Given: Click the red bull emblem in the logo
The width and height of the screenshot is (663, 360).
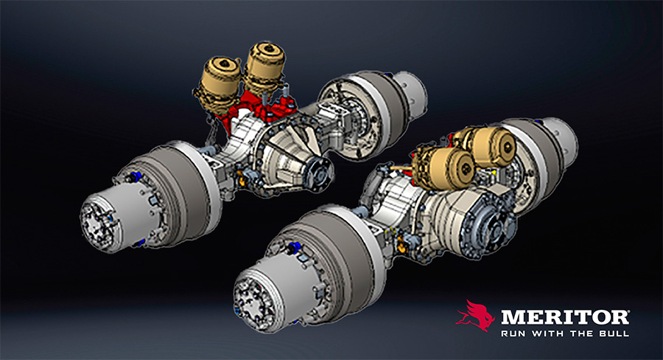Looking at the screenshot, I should (474, 315).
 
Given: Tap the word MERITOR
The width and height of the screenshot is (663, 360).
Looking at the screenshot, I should (564, 317).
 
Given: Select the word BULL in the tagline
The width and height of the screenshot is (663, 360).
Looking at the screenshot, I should (615, 333).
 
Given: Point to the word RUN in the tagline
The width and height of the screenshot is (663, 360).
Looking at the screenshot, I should (512, 333).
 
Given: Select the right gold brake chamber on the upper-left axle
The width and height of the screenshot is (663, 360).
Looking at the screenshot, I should (265, 66).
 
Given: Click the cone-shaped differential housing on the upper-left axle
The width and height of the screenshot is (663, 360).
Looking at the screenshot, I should (291, 155).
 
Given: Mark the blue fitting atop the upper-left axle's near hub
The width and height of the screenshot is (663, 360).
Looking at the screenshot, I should (137, 176).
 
